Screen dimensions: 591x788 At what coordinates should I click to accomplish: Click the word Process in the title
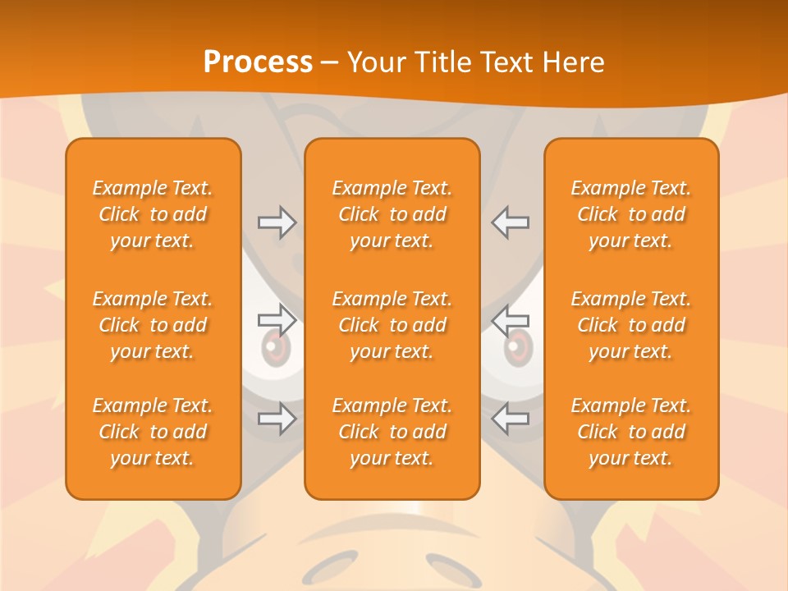258,62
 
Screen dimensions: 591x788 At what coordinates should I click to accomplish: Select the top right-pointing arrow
277,222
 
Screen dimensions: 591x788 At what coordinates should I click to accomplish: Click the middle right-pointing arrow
277,320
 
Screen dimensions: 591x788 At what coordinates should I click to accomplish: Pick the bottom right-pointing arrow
277,419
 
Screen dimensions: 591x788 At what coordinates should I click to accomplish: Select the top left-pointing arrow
511,222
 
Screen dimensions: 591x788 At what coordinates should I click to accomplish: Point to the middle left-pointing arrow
511,320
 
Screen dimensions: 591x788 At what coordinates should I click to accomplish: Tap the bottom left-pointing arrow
511,419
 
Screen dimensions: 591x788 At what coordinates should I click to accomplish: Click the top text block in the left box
153,214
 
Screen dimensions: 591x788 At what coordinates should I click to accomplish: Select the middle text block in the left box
153,325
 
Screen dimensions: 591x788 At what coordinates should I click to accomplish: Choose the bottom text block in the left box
153,432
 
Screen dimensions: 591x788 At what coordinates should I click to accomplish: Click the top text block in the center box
392,214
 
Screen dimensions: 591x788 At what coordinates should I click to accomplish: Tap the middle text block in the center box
392,325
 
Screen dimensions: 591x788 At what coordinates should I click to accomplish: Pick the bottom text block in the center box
392,432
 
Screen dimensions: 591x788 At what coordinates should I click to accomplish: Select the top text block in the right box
631,214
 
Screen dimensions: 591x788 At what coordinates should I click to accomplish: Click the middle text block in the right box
631,325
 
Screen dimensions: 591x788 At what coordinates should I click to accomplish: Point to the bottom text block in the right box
631,432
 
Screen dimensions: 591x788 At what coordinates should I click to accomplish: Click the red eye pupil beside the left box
275,350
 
